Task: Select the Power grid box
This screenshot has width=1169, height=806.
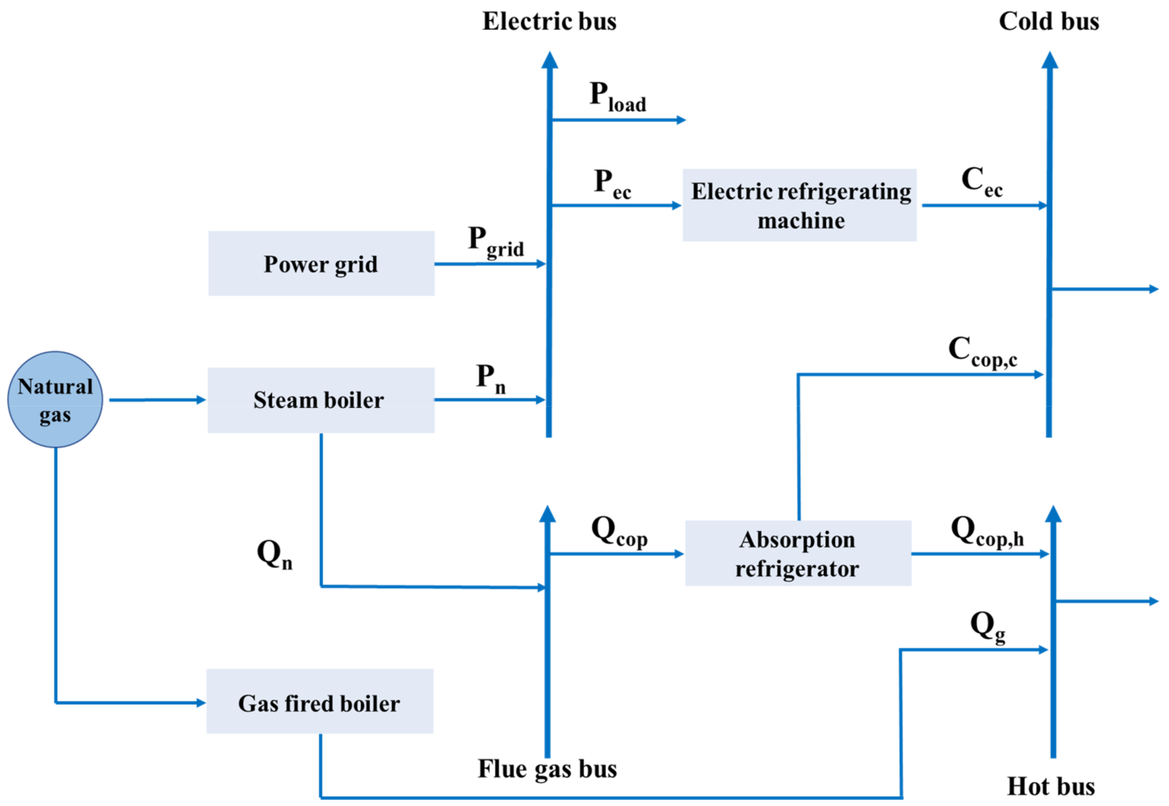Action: tap(321, 263)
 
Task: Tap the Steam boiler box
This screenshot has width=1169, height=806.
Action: tap(321, 400)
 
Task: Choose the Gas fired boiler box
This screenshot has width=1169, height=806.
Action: tap(319, 702)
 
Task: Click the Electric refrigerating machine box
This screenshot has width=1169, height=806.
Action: tap(800, 205)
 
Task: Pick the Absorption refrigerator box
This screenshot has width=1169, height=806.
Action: tap(798, 553)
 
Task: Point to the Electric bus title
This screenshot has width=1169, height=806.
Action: tap(549, 21)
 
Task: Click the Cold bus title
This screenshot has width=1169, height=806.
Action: tap(1049, 21)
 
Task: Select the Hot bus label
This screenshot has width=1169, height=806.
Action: tap(1051, 786)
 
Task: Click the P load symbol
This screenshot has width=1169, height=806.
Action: tap(617, 97)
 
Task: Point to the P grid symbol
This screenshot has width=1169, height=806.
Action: tap(496, 242)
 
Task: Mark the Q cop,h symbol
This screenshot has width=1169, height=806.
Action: tap(987, 531)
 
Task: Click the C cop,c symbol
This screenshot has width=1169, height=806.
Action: tap(982, 351)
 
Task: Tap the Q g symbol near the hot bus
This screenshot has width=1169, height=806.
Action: tap(987, 626)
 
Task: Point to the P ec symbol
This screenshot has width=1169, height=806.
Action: tap(612, 184)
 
